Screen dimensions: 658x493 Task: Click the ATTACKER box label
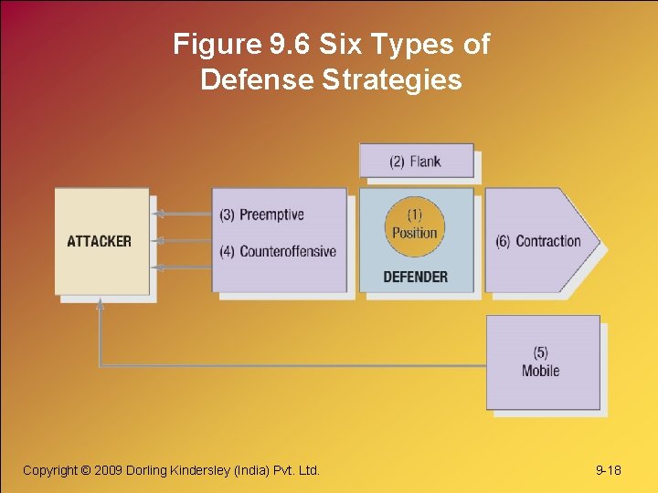(99, 242)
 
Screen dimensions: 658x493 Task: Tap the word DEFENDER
(415, 277)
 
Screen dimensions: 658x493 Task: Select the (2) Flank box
(416, 162)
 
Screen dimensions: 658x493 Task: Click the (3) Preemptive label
(261, 215)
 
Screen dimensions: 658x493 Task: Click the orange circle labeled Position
(415, 225)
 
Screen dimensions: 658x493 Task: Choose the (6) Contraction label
(538, 242)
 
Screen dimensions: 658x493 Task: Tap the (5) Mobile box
(541, 362)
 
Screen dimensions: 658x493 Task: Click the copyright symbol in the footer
(87, 470)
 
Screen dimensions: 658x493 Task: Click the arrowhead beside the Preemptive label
(157, 215)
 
